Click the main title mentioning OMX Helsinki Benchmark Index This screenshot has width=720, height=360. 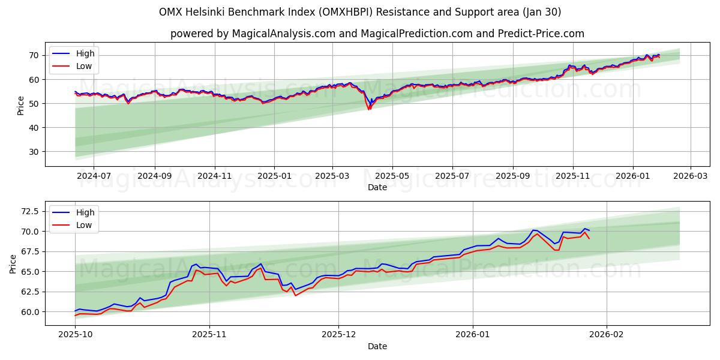point(360,12)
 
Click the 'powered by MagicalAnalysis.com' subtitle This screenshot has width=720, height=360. point(377,34)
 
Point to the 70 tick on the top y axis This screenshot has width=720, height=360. point(34,55)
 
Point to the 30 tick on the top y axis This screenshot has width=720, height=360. point(34,152)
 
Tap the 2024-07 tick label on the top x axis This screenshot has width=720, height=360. point(94,176)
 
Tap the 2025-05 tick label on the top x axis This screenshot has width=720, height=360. point(392,176)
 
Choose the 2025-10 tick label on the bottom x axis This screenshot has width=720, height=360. point(75,335)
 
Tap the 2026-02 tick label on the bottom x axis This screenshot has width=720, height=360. point(607,335)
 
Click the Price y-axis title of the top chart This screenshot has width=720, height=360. point(21,106)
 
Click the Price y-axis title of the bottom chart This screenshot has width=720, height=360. point(13,264)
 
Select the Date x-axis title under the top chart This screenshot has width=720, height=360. point(377,187)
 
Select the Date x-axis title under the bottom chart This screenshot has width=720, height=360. point(377,346)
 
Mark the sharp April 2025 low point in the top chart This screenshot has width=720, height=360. point(369,109)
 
